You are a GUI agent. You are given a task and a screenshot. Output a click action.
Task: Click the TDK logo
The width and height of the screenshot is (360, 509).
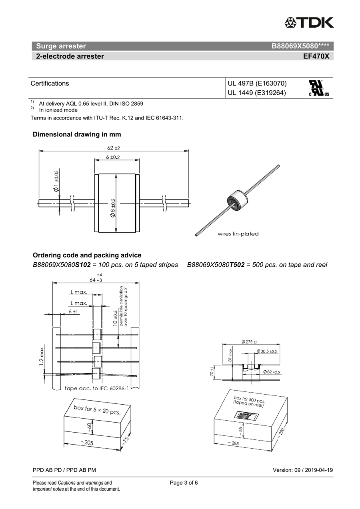pos(309,22)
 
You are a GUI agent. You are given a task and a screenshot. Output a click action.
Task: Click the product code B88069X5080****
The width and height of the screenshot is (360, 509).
pos(300,46)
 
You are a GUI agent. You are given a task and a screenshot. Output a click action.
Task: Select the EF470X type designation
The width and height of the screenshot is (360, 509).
pos(316,56)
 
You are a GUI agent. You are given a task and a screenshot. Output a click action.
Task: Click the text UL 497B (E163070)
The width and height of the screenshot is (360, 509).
pos(257,84)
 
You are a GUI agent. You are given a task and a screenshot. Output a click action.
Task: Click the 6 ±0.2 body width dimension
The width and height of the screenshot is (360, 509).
pos(113,157)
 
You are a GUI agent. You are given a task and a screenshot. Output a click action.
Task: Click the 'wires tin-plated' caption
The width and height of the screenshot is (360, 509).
pos(238,234)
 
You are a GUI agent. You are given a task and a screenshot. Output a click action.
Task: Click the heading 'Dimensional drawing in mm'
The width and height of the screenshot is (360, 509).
pos(77,134)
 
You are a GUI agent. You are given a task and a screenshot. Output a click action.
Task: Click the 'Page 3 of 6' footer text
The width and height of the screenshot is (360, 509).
pos(184,483)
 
